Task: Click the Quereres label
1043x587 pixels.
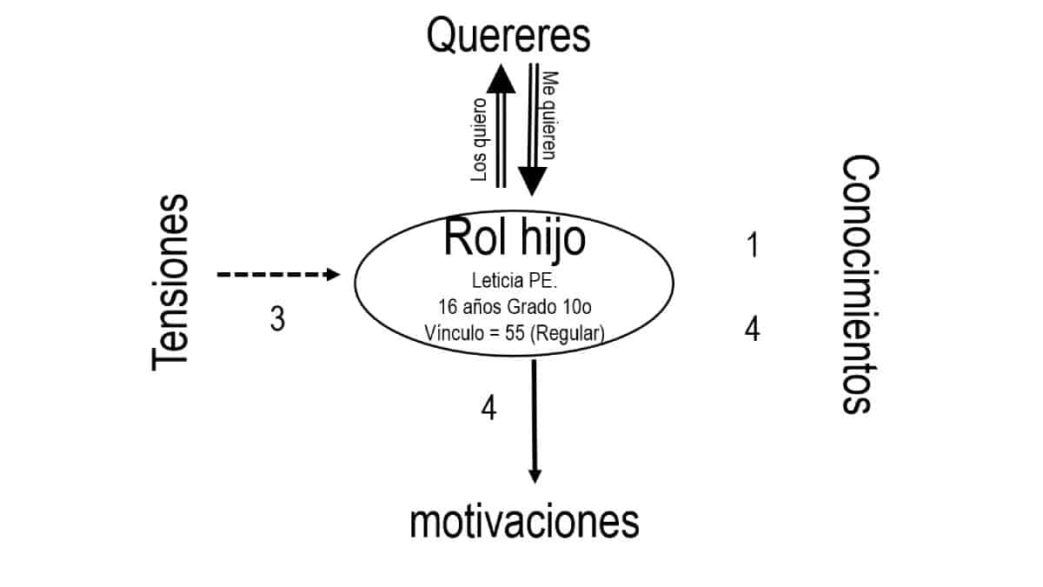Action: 509,37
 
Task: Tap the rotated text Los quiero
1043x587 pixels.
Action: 479,139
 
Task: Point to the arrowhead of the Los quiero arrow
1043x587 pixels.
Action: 501,78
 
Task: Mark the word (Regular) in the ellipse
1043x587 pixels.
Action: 568,331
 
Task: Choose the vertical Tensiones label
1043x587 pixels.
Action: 169,283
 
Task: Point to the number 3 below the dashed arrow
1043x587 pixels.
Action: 276,320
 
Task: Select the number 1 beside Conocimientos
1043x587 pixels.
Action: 753,245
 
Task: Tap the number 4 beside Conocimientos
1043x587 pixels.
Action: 753,329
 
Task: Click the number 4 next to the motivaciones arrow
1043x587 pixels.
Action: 489,408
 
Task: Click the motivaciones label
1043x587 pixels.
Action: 524,523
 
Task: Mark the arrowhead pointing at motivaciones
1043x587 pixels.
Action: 535,475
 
